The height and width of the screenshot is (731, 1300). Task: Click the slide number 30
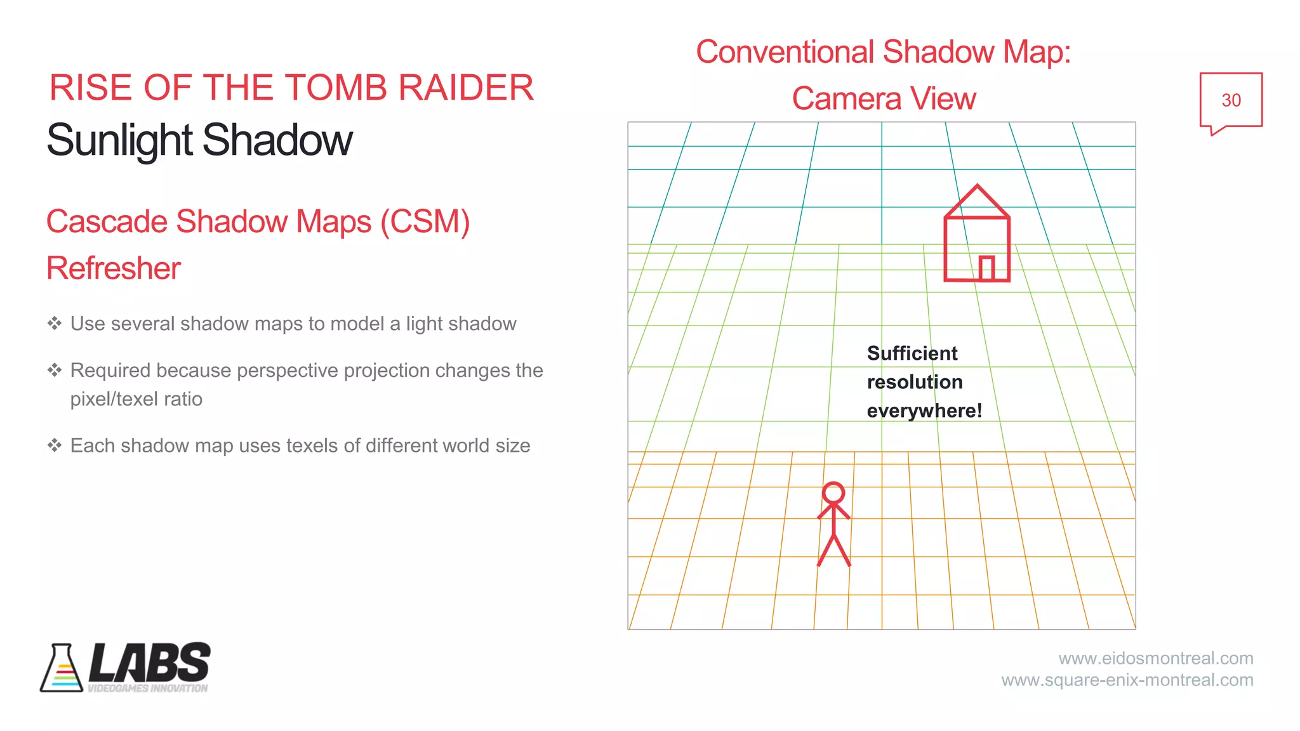(1230, 100)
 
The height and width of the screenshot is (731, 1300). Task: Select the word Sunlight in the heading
(119, 140)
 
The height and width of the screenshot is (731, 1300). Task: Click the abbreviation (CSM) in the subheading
(425, 222)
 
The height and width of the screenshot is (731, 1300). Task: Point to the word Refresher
(114, 268)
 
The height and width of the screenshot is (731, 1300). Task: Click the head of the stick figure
(833, 493)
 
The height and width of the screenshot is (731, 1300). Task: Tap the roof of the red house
(977, 202)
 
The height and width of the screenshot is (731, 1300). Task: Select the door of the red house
(986, 268)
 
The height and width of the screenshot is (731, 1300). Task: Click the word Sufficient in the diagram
(912, 353)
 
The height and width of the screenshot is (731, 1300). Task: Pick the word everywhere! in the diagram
(924, 411)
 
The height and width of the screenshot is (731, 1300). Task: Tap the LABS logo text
(150, 662)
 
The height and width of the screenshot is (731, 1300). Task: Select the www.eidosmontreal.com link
(1155, 658)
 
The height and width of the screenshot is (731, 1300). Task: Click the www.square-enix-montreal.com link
(1127, 680)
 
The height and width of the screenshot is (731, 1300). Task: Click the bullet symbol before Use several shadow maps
(55, 324)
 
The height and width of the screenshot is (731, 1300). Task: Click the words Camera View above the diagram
(883, 99)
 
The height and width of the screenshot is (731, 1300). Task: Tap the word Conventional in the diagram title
(785, 52)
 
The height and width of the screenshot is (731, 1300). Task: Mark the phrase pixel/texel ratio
(136, 399)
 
